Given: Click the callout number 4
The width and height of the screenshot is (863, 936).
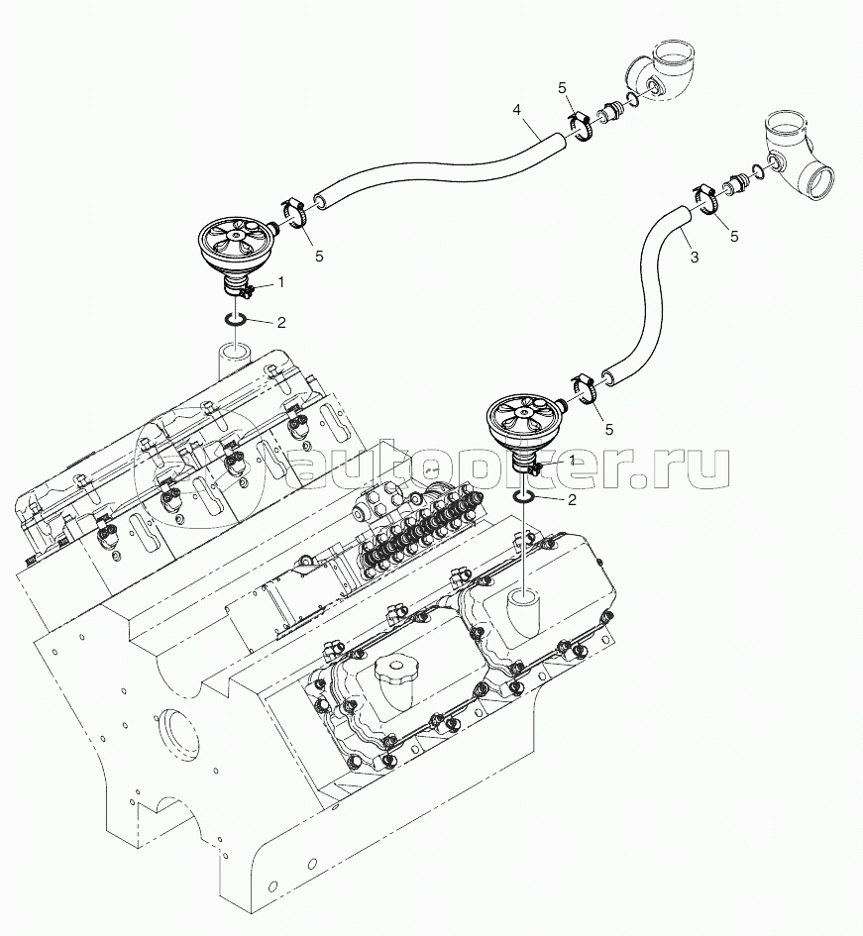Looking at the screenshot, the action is tap(517, 109).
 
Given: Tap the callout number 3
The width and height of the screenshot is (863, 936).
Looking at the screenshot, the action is tap(694, 257).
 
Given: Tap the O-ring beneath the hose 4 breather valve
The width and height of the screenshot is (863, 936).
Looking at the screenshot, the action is tap(234, 320).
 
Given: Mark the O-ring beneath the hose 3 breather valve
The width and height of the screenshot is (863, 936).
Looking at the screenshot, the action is tap(525, 496).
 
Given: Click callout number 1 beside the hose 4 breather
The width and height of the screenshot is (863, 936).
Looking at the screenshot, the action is tap(280, 281).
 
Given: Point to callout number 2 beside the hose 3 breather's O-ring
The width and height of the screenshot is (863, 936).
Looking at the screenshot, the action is tap(572, 500).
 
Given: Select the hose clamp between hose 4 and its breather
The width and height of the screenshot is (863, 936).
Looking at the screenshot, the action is tap(295, 212).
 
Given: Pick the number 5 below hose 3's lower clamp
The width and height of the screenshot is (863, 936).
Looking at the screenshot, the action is tap(609, 429).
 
